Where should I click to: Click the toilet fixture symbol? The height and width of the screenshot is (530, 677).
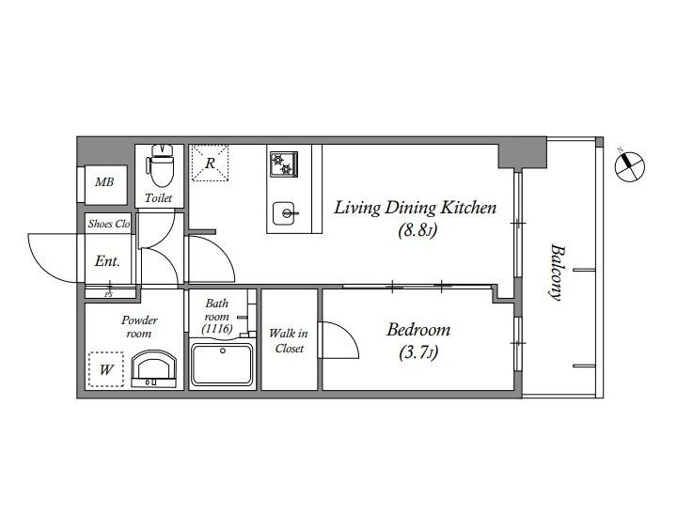[x=160, y=165]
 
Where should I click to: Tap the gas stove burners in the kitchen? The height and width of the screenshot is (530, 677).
[x=284, y=164]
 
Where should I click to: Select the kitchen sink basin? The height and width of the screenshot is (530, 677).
[x=284, y=213]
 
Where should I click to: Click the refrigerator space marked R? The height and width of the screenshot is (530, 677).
[x=210, y=164]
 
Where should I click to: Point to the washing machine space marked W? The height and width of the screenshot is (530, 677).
[x=106, y=369]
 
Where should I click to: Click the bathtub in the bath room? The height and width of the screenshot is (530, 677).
[x=222, y=365]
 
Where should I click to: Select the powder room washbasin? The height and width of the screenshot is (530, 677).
[x=153, y=369]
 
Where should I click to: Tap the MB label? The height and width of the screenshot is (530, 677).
[x=104, y=182]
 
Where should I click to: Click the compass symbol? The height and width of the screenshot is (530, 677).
[x=630, y=166]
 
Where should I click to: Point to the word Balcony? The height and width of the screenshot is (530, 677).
[x=558, y=273]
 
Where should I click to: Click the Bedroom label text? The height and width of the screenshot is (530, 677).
[x=418, y=330]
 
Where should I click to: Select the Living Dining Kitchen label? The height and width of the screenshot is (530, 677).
[x=416, y=208]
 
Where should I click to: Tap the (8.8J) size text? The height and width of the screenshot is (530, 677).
[x=417, y=231]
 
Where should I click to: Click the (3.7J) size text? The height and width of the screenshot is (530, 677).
[x=418, y=353]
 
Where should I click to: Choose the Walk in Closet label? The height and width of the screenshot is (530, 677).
[x=289, y=340]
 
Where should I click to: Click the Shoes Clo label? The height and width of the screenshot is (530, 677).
[x=109, y=224]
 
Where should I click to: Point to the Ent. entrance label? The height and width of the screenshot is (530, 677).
[x=107, y=261]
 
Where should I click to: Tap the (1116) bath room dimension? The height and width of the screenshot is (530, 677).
[x=217, y=329]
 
